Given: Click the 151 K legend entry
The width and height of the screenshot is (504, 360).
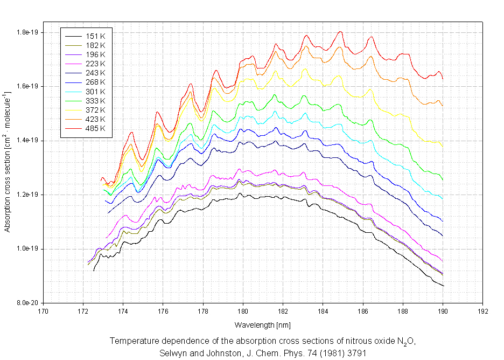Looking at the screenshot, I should tap(95, 36).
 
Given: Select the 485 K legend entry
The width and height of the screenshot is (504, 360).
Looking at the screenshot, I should tap(95, 128).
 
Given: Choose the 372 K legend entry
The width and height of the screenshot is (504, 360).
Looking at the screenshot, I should tap(95, 109).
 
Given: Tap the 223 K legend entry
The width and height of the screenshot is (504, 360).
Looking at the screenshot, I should tap(95, 63).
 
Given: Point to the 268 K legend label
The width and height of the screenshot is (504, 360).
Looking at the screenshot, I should tap(95, 82).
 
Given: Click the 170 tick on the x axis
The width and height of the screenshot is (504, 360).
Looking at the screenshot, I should tap(43, 311).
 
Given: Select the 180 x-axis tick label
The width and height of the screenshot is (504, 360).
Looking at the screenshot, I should tap(243, 311).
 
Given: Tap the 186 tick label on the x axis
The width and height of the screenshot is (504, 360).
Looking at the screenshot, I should tap(363, 311).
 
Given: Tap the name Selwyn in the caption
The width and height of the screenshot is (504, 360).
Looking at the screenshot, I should tap(172, 353).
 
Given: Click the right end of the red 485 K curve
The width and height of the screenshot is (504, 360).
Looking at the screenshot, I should tap(443, 79).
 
